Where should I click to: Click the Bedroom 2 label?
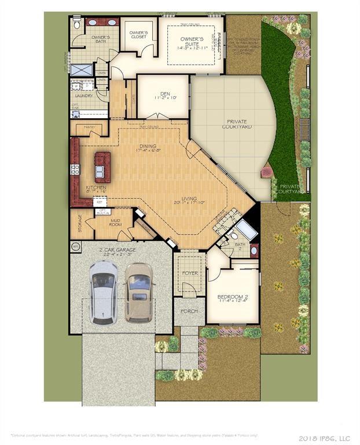click(x=232, y=298)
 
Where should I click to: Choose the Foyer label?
click(x=189, y=273)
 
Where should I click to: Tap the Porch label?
click(x=189, y=311)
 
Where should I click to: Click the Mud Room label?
click(x=115, y=222)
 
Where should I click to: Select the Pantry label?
click(x=89, y=126)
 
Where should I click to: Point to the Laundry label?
click(x=84, y=96)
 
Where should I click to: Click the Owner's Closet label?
click(x=138, y=35)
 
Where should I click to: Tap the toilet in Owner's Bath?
click(x=77, y=25)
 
